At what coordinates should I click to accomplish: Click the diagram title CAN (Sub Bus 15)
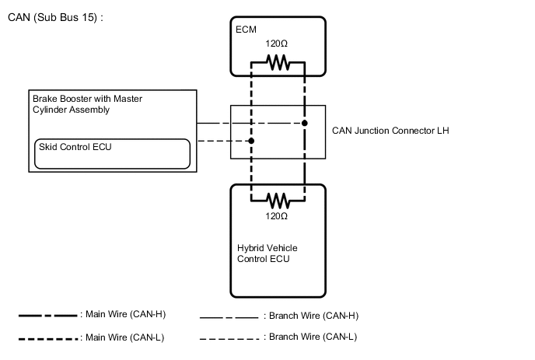click(54, 16)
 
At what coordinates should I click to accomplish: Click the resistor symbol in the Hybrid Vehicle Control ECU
click(278, 197)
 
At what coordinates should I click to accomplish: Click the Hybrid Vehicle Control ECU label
click(267, 253)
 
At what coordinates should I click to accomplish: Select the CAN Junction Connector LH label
click(390, 131)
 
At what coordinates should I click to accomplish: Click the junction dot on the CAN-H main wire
click(305, 124)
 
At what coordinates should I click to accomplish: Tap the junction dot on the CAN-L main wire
click(251, 142)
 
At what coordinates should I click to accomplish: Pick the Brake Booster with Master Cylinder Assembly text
click(86, 104)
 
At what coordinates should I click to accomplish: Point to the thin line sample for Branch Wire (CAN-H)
click(229, 317)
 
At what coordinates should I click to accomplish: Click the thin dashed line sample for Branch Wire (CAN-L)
click(229, 338)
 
